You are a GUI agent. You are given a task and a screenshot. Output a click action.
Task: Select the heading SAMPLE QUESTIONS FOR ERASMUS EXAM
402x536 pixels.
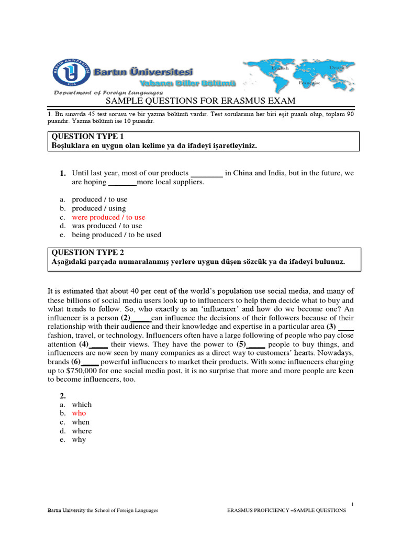pyautogui.click(x=201, y=101)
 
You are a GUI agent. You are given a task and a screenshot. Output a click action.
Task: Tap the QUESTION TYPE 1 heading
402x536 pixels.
pyautogui.click(x=85, y=137)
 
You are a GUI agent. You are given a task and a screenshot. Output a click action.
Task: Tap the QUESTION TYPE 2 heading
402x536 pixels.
pyautogui.click(x=85, y=252)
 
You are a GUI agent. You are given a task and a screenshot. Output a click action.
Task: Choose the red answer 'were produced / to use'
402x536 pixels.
pyautogui.click(x=108, y=217)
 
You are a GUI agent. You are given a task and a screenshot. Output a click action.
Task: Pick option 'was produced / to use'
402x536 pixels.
pyautogui.click(x=107, y=226)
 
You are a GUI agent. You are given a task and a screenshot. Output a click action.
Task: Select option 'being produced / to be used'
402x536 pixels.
pyautogui.click(x=116, y=235)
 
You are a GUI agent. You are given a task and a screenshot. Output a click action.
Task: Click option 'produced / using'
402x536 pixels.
pyautogui.click(x=99, y=208)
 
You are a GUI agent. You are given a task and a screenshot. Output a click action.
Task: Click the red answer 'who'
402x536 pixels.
pyautogui.click(x=79, y=414)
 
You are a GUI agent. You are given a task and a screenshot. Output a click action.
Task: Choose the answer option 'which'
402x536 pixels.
pyautogui.click(x=82, y=405)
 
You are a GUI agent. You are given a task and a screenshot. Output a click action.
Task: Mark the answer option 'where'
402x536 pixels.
pyautogui.click(x=82, y=431)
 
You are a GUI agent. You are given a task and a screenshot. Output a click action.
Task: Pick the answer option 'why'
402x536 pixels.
pyautogui.click(x=79, y=440)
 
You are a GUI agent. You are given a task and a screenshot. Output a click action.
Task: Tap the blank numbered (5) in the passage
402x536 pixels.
pyautogui.click(x=256, y=345)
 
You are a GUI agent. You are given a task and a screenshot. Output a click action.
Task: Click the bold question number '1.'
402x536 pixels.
pyautogui.click(x=62, y=173)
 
